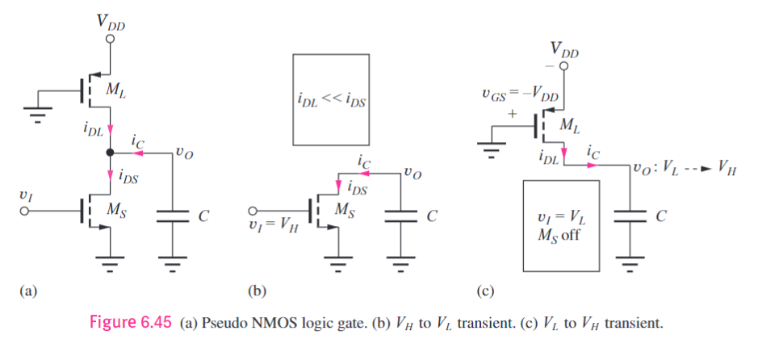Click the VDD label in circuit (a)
click(111, 24)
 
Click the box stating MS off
click(562, 225)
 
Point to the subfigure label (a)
click(28, 290)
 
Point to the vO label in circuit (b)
click(413, 171)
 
